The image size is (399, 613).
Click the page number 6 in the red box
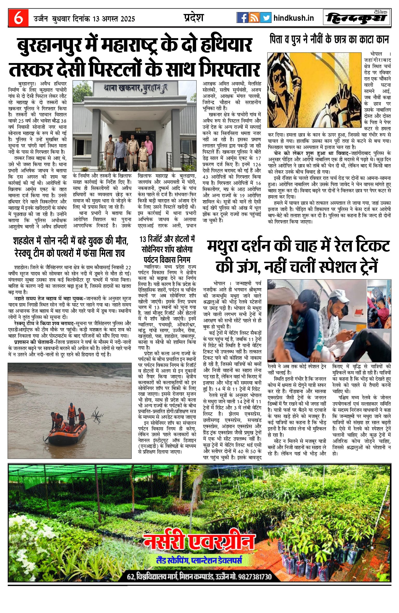(18, 18)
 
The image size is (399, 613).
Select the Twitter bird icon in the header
(265, 18)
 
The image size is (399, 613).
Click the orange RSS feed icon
(254, 18)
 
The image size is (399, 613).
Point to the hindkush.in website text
(294, 18)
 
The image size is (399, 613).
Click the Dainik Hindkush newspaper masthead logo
(357, 18)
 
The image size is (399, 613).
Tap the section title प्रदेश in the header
(194, 18)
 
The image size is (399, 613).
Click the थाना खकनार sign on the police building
(135, 87)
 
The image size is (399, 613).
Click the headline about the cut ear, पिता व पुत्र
(329, 40)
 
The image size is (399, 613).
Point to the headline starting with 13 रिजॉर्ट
(167, 239)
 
